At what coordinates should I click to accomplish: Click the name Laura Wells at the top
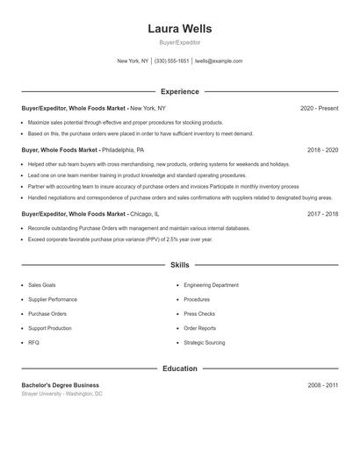click(180, 28)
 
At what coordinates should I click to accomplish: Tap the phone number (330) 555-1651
click(172, 61)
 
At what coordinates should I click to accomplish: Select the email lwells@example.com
click(219, 61)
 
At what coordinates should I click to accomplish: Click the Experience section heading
click(180, 91)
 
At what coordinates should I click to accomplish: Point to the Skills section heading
click(180, 264)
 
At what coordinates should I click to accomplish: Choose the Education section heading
click(180, 368)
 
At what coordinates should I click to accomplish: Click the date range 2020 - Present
click(319, 108)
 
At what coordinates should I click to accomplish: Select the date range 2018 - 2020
click(322, 150)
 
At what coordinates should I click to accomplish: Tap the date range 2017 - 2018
click(322, 213)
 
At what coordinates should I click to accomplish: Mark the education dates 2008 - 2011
click(322, 385)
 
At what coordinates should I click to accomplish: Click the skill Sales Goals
click(42, 285)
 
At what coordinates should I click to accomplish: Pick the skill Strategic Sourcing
click(204, 342)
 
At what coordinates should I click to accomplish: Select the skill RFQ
click(33, 342)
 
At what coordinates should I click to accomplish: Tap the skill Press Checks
click(199, 313)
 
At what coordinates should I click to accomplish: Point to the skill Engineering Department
click(211, 285)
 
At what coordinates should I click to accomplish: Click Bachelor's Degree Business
click(61, 385)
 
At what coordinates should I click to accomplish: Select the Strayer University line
click(62, 394)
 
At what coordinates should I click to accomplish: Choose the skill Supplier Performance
click(52, 299)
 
